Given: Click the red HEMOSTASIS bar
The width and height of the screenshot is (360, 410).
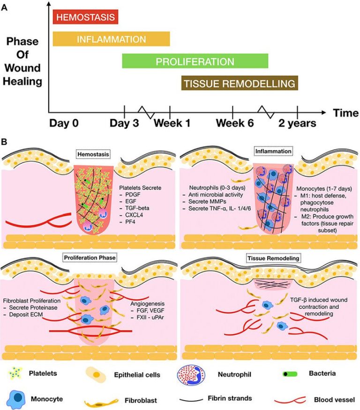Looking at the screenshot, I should pyautogui.click(x=85, y=18).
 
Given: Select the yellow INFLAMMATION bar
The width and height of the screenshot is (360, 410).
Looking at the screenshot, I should pyautogui.click(x=111, y=39).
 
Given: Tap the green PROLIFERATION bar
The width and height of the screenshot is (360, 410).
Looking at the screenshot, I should pyautogui.click(x=195, y=61).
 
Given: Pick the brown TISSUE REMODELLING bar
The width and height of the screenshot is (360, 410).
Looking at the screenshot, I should pyautogui.click(x=240, y=84).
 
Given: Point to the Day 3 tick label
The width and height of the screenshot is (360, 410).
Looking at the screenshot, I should pyautogui.click(x=124, y=123).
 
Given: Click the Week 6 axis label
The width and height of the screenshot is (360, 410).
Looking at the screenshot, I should pyautogui.click(x=233, y=123).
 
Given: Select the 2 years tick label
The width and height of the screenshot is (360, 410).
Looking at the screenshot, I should pyautogui.click(x=298, y=123).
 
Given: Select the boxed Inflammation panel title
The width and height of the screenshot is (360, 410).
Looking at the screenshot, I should pyautogui.click(x=273, y=152).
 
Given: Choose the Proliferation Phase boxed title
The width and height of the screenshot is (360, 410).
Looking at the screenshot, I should pyautogui.click(x=89, y=258).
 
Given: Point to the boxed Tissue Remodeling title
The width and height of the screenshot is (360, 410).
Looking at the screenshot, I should pyautogui.click(x=273, y=258).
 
